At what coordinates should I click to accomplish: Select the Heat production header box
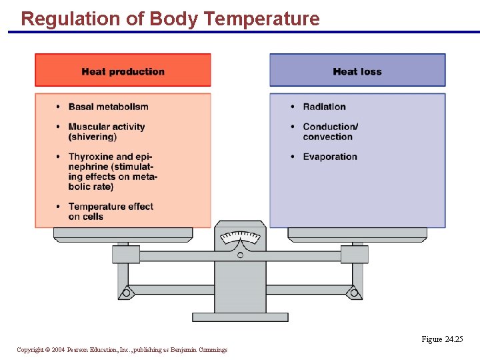click(123, 71)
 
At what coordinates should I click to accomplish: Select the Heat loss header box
click(357, 71)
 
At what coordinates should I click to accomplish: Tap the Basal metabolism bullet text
click(108, 107)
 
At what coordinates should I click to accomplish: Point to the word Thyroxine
click(91, 157)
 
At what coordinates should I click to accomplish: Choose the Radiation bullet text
click(324, 107)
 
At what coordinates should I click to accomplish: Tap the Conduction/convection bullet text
click(329, 131)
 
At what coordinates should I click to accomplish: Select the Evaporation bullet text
click(329, 157)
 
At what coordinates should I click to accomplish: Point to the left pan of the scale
click(123, 234)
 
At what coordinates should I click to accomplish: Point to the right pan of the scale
click(357, 234)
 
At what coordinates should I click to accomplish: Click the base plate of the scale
click(240, 317)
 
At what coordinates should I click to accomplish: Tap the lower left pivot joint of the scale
click(125, 292)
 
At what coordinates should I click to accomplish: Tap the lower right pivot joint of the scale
click(355, 292)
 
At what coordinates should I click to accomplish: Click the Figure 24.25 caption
click(441, 339)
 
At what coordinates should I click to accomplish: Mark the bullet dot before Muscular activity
click(59, 127)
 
